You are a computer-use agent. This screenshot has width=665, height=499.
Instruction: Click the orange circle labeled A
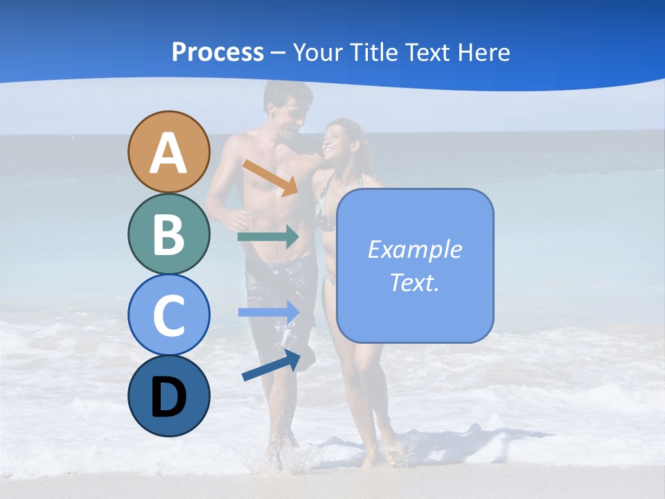pos(168,152)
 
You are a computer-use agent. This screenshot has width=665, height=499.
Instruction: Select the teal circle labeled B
pos(168,234)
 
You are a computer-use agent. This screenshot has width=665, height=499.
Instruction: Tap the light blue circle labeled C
pos(168,315)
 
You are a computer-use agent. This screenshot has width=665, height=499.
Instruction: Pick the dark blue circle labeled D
pos(168,396)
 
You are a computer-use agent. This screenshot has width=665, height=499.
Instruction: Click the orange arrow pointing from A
pos(270,177)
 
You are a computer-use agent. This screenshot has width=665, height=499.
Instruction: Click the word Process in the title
pos(218,52)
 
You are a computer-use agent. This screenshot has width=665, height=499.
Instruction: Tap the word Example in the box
pos(414,249)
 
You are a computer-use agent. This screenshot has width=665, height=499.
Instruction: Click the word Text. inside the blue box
pos(414,282)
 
